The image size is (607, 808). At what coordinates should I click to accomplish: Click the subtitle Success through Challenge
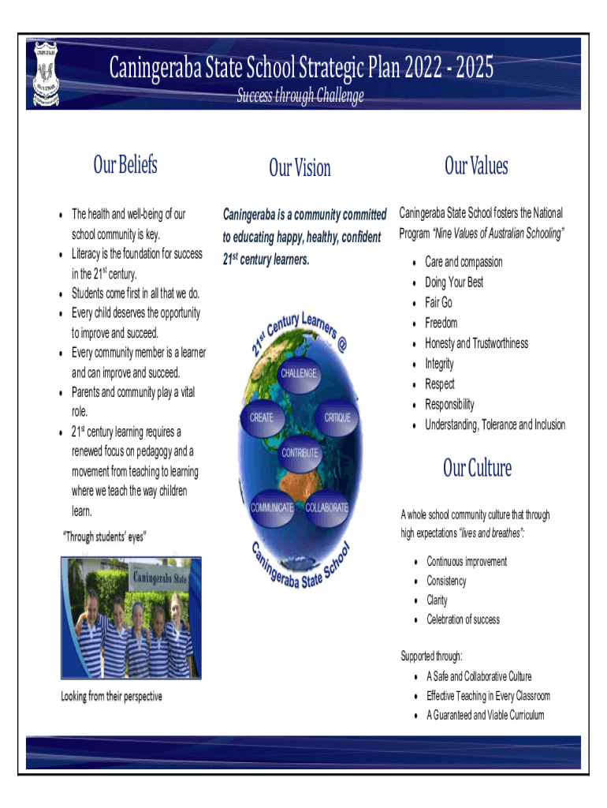click(300, 96)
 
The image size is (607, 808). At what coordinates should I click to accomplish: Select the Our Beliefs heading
click(125, 165)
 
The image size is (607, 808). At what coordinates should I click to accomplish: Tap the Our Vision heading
click(300, 168)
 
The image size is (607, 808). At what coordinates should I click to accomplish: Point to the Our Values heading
click(476, 166)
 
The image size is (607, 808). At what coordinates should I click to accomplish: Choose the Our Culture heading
click(477, 469)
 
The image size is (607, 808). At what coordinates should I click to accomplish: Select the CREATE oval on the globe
click(262, 418)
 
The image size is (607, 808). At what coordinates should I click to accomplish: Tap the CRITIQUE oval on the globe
click(337, 418)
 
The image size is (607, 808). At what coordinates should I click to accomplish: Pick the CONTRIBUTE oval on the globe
click(300, 453)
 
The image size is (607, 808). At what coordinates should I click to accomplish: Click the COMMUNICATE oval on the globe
click(272, 507)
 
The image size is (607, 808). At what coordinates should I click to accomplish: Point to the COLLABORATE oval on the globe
click(326, 507)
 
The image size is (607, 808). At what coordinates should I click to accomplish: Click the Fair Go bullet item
click(439, 303)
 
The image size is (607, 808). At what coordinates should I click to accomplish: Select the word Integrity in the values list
click(440, 364)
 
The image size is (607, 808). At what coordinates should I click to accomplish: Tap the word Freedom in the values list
click(441, 323)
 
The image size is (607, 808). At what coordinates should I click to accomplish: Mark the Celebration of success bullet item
click(464, 619)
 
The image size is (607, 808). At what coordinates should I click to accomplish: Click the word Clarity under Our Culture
click(438, 600)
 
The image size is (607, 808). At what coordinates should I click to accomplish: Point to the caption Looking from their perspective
click(112, 697)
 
